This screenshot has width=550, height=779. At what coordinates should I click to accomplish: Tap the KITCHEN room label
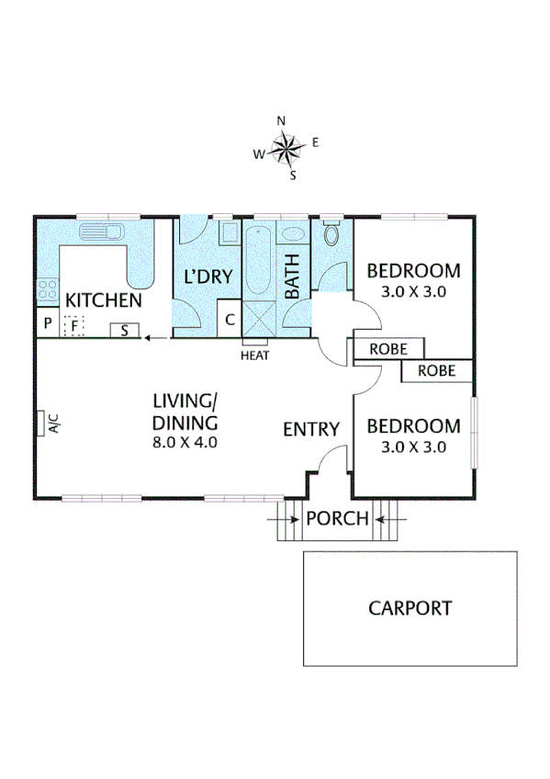pos(103,300)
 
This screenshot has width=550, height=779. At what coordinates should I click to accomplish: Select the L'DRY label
pos(208,276)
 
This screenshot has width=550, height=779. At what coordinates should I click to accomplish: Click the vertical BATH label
pos(293,277)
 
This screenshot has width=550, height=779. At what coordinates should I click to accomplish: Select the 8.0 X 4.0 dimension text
pos(185,441)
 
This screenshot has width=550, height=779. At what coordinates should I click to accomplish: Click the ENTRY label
pos(311,429)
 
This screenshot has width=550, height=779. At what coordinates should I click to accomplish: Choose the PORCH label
pos(337,519)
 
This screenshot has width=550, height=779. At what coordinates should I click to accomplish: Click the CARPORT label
pos(410,608)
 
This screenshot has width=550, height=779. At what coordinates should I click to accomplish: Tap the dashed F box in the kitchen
pos(73,325)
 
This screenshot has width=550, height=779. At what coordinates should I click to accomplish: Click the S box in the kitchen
pos(125,331)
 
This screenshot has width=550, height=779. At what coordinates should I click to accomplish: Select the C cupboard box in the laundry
pos(230,322)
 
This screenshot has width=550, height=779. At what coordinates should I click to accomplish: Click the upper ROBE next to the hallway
pos(389,349)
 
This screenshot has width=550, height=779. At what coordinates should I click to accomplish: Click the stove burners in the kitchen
pos(47,291)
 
